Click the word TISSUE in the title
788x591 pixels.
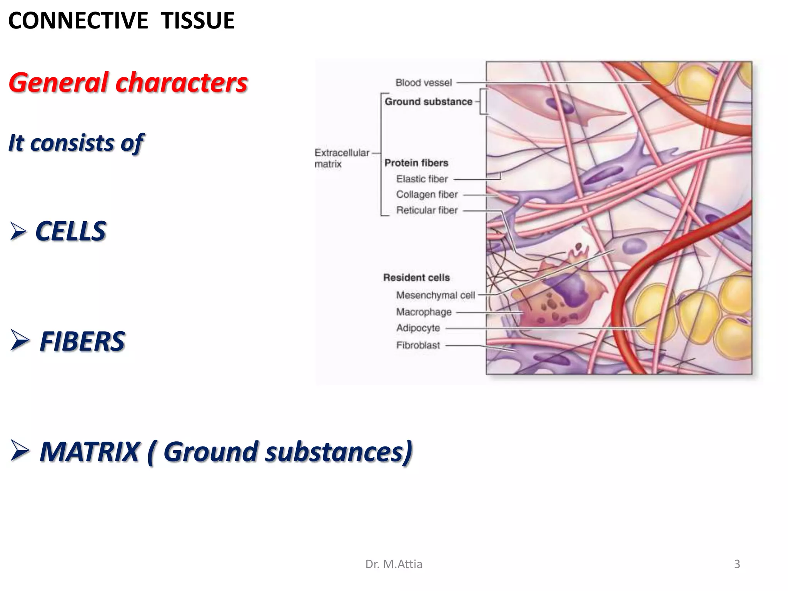pos(198,21)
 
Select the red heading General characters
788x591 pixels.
pos(128,83)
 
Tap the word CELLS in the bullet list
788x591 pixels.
pos(70,232)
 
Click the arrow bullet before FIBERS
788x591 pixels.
pos(19,341)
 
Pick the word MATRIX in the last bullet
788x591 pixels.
pos(89,452)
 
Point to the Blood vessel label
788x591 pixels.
pos(423,83)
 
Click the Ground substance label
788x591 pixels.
pos(428,102)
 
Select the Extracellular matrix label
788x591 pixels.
pos(341,158)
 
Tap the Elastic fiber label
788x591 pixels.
pos(422,179)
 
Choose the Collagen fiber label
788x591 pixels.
pos(427,195)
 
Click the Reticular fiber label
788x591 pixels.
pos(427,210)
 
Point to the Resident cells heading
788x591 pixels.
pos(416,278)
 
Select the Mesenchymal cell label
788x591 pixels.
pos(435,295)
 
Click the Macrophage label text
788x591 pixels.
pos(424,312)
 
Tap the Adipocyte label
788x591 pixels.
pos(418,328)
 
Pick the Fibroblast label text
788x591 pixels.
pos(418,346)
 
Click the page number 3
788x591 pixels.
pos(737,564)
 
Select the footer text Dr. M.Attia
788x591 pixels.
pos(394,564)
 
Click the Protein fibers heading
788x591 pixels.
pos(416,163)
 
